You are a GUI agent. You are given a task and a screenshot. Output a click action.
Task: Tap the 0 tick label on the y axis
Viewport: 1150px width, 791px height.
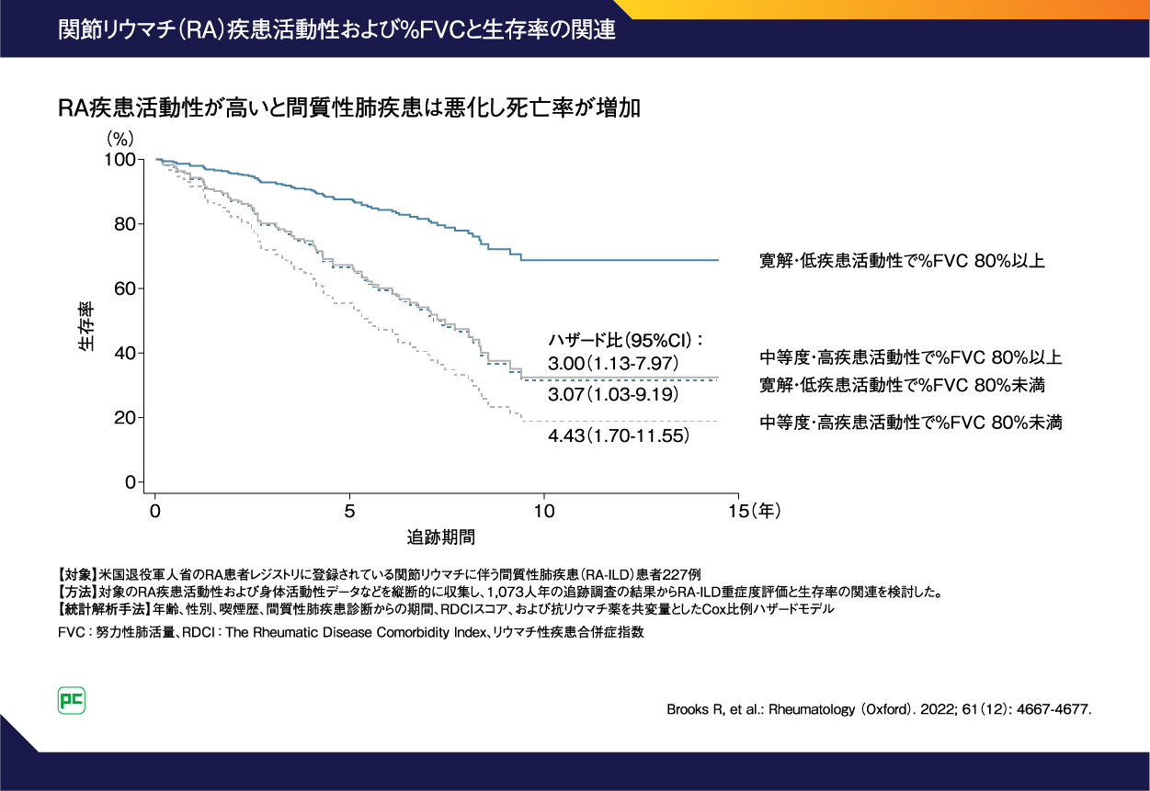(130, 482)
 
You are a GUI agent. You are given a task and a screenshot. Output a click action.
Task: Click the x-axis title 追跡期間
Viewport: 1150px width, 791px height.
(441, 535)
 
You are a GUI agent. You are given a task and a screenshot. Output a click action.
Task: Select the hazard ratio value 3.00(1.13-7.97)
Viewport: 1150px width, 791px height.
(613, 364)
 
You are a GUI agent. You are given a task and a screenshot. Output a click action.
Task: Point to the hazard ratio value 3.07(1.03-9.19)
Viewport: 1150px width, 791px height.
(613, 395)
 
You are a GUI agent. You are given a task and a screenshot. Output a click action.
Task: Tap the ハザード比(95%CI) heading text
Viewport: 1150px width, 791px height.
(626, 339)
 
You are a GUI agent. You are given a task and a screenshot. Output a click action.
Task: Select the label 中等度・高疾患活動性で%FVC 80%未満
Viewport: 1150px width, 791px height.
(911, 423)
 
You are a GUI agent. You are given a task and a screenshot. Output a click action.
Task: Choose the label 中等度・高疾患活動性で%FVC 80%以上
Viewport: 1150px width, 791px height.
(911, 356)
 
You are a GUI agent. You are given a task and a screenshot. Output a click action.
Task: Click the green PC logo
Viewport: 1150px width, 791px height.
(72, 700)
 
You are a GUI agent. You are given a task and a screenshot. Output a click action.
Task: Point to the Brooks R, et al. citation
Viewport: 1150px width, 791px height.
(878, 710)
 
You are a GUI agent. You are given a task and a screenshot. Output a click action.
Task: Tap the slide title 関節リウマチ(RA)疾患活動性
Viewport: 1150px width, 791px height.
(336, 28)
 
